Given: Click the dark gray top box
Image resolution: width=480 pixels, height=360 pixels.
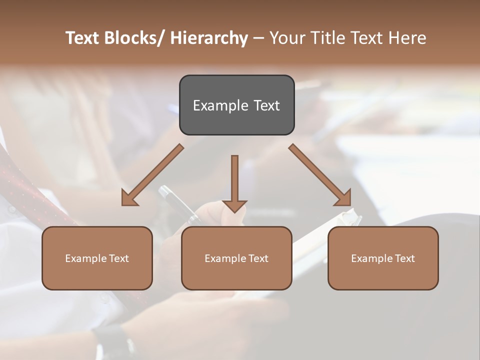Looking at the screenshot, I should [x=236, y=105].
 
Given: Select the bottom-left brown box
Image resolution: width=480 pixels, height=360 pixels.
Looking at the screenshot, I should [x=97, y=258].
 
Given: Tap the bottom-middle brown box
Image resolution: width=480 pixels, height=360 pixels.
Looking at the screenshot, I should [x=236, y=258].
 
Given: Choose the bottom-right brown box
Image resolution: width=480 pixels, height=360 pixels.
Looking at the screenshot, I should [x=383, y=258].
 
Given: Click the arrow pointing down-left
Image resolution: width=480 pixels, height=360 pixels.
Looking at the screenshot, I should [x=152, y=175].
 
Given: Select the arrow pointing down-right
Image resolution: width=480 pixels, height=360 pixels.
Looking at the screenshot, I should [x=320, y=175].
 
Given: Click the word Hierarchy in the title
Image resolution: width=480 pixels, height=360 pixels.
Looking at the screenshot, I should [x=209, y=38].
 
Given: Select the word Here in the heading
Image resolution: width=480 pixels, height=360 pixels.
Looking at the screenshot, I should [x=407, y=38].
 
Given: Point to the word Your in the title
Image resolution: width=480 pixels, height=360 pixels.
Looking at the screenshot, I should [x=286, y=38].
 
